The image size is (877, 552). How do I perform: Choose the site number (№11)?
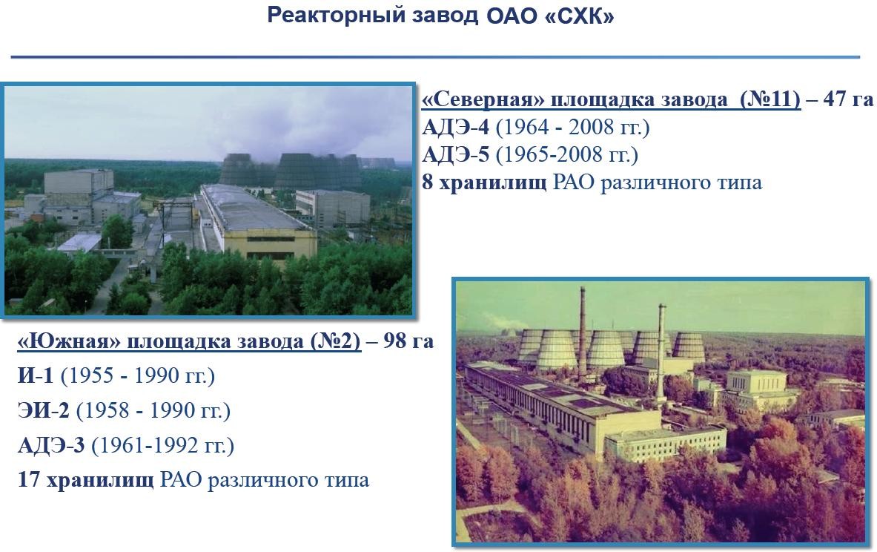[770, 99]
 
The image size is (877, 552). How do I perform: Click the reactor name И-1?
[36, 376]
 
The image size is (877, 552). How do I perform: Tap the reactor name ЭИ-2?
[44, 410]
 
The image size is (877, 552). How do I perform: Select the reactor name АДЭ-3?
[51, 446]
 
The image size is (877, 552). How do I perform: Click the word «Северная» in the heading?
[477, 99]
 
